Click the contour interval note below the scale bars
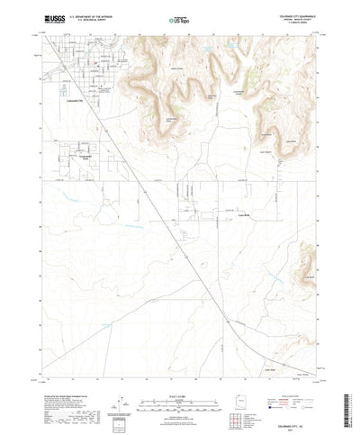point(179,382)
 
